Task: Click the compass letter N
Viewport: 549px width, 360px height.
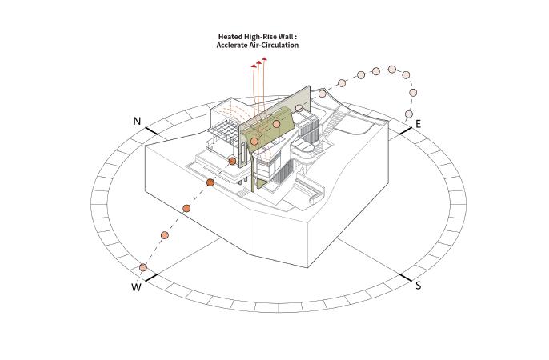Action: pyautogui.click(x=137, y=122)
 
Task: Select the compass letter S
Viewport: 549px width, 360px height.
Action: pyautogui.click(x=418, y=285)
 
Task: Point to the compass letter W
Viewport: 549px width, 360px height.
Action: pyautogui.click(x=137, y=287)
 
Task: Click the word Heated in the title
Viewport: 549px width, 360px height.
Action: pyautogui.click(x=231, y=37)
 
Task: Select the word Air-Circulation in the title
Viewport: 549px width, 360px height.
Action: pyautogui.click(x=274, y=46)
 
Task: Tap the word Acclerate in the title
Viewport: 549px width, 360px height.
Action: pyautogui.click(x=230, y=46)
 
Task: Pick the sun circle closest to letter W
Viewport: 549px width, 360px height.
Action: pyautogui.click(x=143, y=267)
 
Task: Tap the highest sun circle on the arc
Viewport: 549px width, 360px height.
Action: pyautogui.click(x=393, y=70)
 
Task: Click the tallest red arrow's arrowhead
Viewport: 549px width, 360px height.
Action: pyautogui.click(x=266, y=59)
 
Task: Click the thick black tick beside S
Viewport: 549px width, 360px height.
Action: pyautogui.click(x=404, y=278)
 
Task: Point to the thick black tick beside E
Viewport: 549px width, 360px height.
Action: pyautogui.click(x=403, y=130)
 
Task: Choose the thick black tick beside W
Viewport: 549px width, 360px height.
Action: pyautogui.click(x=151, y=278)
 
